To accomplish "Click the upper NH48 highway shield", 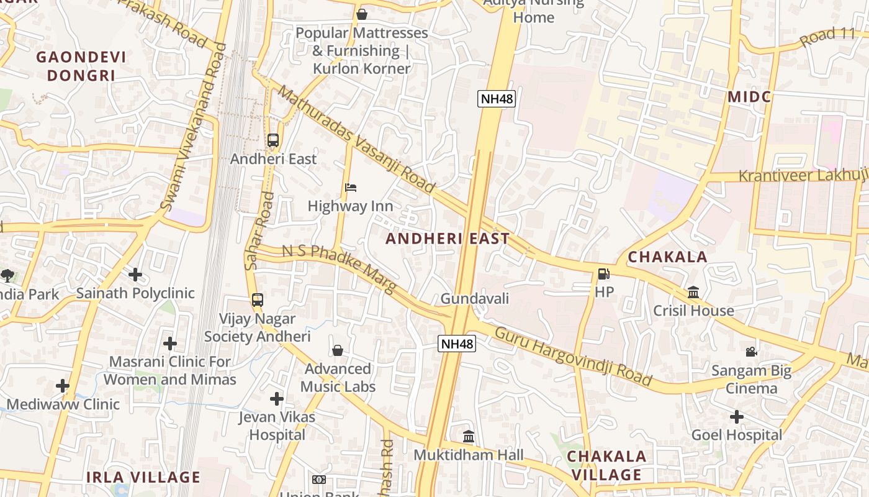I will [497, 99].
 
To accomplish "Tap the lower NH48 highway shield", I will [457, 344].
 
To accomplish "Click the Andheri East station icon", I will [273, 140].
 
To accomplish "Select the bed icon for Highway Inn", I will [351, 188].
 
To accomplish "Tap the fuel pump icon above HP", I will [603, 273].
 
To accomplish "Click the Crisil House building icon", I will [693, 292].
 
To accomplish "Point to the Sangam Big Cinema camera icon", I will [751, 352].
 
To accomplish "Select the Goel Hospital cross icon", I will [736, 416].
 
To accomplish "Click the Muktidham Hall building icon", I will [469, 437].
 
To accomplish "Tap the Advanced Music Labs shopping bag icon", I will [338, 351].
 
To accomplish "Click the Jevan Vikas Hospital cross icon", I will [277, 398].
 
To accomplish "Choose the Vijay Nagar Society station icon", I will [258, 300].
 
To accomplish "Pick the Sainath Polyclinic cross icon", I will [135, 274].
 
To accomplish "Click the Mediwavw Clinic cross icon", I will [63, 386].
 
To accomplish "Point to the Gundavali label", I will [475, 299].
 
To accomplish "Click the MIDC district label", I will [749, 97].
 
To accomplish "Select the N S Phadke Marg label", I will [339, 268].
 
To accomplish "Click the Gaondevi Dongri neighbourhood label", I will [81, 66].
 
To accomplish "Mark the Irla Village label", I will [143, 477].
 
